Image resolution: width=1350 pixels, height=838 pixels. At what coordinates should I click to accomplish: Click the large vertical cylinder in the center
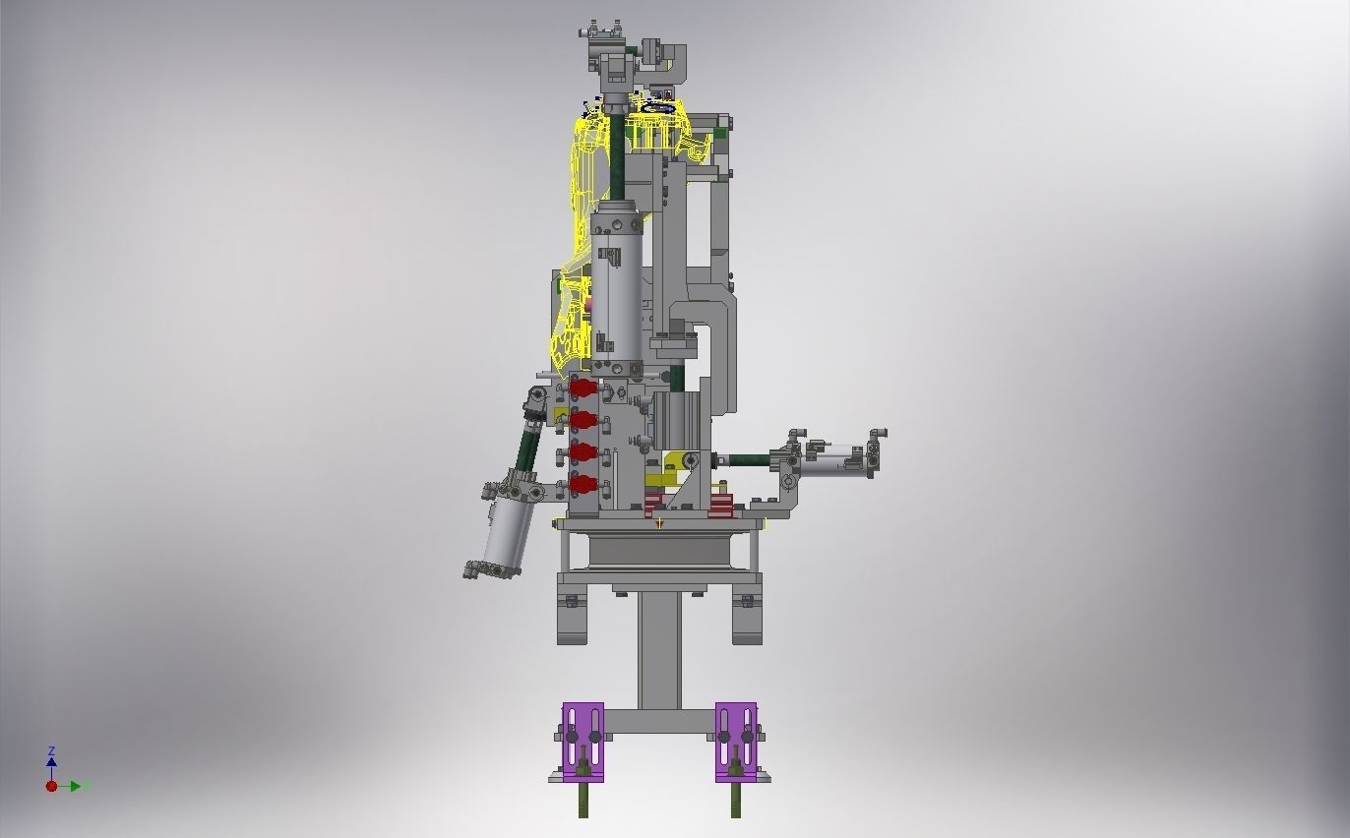point(617,285)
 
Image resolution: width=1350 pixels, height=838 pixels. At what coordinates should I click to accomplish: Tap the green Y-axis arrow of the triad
point(78,786)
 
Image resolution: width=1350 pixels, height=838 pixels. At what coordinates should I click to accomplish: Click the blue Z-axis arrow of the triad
point(51,759)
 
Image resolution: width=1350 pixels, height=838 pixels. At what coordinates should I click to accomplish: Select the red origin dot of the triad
point(51,786)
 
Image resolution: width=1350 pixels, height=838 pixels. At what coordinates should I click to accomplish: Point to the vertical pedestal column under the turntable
point(658,649)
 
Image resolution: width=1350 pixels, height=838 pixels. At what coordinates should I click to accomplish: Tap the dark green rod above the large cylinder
point(617,157)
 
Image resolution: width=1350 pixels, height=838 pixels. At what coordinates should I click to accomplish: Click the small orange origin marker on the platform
point(659,523)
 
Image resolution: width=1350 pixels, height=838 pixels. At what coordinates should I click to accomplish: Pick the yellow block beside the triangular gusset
point(674,462)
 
